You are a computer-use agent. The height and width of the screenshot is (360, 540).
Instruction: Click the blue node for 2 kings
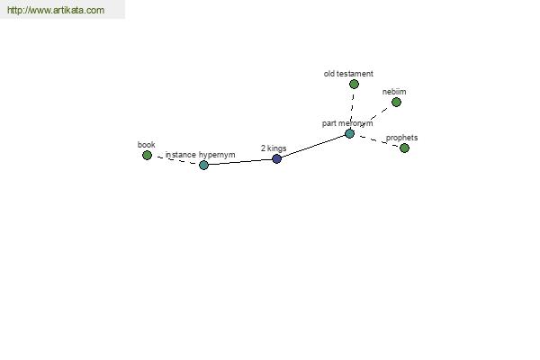point(276,158)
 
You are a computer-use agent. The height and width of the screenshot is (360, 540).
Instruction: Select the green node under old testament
point(354,84)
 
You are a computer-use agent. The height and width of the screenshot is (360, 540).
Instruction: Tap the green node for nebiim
point(396,102)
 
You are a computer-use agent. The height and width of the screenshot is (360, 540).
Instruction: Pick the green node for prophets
point(404,148)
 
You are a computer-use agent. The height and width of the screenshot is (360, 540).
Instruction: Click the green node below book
point(147,156)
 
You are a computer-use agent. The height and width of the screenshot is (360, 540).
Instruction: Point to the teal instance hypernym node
point(203,165)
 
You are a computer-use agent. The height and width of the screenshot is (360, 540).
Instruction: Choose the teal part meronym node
point(349,134)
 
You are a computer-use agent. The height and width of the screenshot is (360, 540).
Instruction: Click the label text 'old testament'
point(348,74)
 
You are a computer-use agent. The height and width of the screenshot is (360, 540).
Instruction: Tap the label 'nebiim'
point(394,92)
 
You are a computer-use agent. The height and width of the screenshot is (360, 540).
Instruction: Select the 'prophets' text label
point(401,138)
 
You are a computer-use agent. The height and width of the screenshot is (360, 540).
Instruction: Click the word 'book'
point(146,145)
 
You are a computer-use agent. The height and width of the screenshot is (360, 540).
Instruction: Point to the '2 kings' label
point(274,148)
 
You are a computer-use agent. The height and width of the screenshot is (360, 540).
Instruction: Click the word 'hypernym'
point(217,155)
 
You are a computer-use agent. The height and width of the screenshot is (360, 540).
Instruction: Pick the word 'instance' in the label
point(181,155)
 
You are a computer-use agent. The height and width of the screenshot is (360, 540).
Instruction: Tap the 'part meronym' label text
point(347,123)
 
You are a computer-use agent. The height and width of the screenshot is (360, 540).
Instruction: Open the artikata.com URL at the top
point(56,10)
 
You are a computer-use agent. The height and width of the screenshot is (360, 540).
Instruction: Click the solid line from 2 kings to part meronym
point(313,147)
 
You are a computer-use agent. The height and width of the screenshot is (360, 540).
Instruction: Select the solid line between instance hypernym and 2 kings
point(240,162)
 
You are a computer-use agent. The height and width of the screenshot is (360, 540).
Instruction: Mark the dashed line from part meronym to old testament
point(352,109)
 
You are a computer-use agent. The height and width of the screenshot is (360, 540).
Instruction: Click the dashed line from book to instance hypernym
point(175,160)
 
